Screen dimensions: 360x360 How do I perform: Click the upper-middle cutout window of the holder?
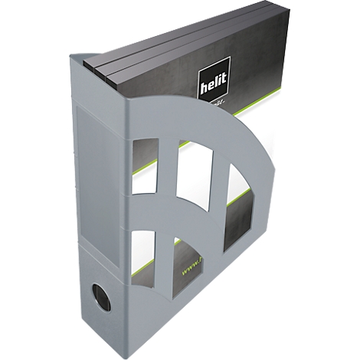tap(194, 173)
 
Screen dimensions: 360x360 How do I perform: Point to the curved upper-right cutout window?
tap(238, 208)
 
